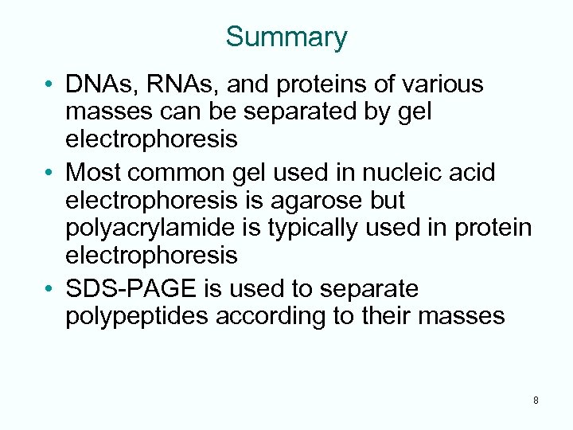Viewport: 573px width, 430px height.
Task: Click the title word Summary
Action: [286, 37]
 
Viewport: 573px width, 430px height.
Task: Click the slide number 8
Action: [536, 401]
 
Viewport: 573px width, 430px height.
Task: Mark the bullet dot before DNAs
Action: [49, 85]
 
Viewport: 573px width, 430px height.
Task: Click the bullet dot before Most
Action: [49, 171]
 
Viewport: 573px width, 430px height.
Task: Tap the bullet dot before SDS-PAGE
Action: [49, 288]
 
